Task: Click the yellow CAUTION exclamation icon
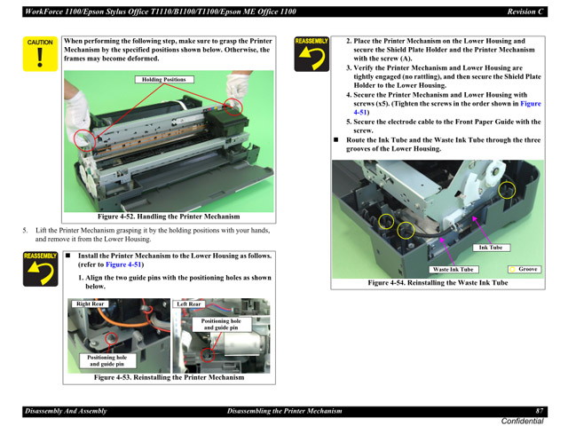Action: click(39, 54)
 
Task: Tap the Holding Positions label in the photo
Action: click(164, 80)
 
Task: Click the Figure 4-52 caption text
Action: click(169, 217)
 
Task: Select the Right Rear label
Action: click(91, 304)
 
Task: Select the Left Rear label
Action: click(189, 304)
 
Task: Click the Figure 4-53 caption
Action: click(169, 377)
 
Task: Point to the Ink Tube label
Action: click(490, 248)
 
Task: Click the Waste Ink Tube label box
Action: click(453, 269)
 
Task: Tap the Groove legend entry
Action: click(524, 269)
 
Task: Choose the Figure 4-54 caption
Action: click(438, 283)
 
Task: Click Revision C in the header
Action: click(525, 12)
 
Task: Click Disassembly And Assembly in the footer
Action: click(65, 411)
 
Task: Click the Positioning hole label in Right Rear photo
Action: click(106, 360)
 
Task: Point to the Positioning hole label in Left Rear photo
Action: click(221, 324)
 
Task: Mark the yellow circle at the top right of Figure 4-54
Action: click(507, 190)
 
